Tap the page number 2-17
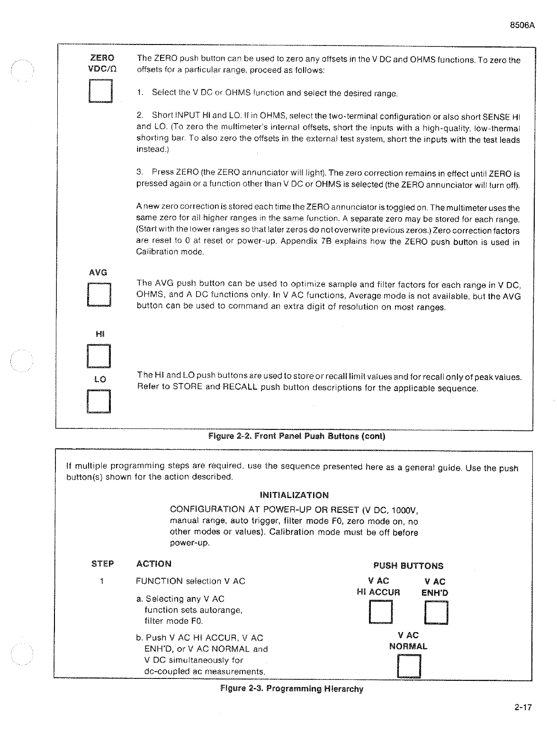[x=523, y=708]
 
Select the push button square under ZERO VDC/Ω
[x=100, y=91]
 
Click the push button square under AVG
[x=99, y=295]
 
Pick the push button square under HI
[x=99, y=357]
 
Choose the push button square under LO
[x=99, y=401]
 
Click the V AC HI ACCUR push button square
[x=381, y=613]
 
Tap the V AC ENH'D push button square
[x=436, y=613]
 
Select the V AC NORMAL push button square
[x=409, y=666]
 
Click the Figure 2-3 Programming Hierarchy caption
[x=292, y=689]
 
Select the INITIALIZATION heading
[x=294, y=495]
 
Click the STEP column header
[x=102, y=564]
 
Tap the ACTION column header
[x=153, y=564]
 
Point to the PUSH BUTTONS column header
[x=408, y=566]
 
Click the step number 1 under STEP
[x=101, y=581]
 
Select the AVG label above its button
[x=98, y=272]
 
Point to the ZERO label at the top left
[x=102, y=58]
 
